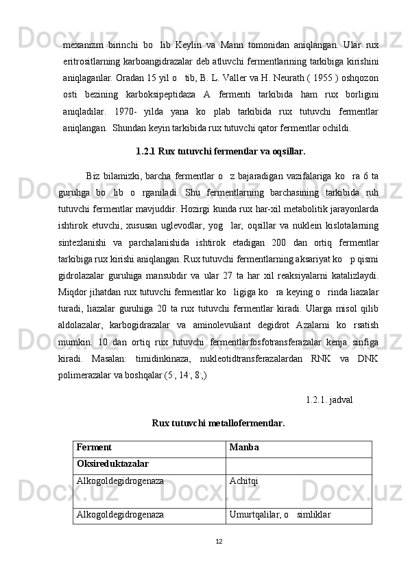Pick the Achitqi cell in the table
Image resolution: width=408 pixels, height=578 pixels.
click(x=244, y=482)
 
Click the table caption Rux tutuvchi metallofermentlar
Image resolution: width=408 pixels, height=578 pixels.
click(x=218, y=422)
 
